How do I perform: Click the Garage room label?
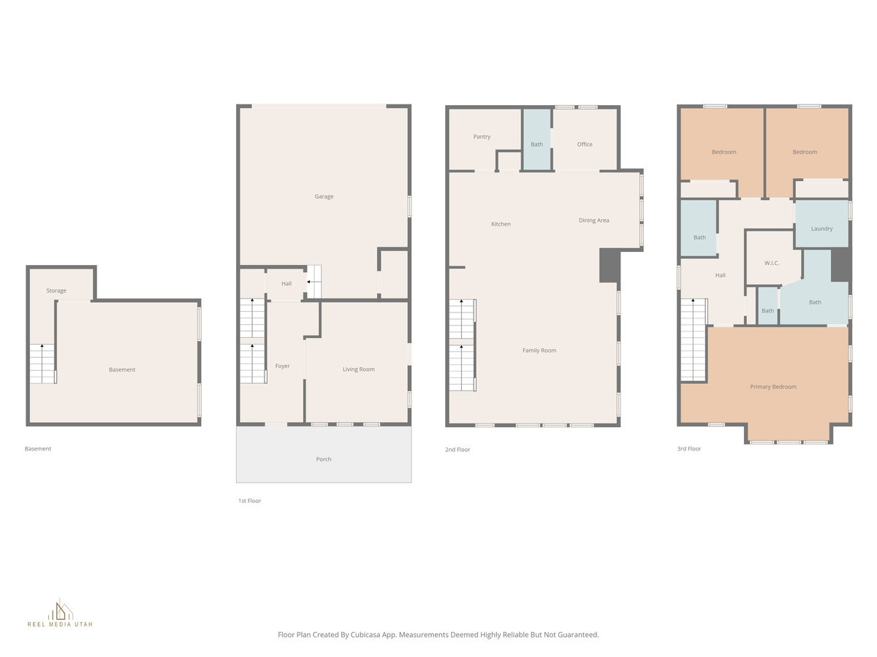click(324, 196)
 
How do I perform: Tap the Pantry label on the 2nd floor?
click(482, 137)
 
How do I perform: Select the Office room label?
click(585, 145)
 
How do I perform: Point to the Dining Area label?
click(593, 220)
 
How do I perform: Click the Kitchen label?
click(501, 224)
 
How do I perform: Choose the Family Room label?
click(539, 350)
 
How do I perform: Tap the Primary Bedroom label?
click(773, 387)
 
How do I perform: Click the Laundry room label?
click(821, 228)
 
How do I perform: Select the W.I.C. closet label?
click(772, 263)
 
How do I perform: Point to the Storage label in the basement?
click(56, 291)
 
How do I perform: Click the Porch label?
click(324, 459)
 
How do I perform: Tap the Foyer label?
click(282, 366)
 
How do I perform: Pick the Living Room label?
click(358, 369)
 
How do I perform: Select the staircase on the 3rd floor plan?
click(693, 339)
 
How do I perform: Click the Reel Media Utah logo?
click(60, 614)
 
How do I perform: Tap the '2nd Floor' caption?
click(458, 450)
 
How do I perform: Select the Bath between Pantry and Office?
click(536, 145)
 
